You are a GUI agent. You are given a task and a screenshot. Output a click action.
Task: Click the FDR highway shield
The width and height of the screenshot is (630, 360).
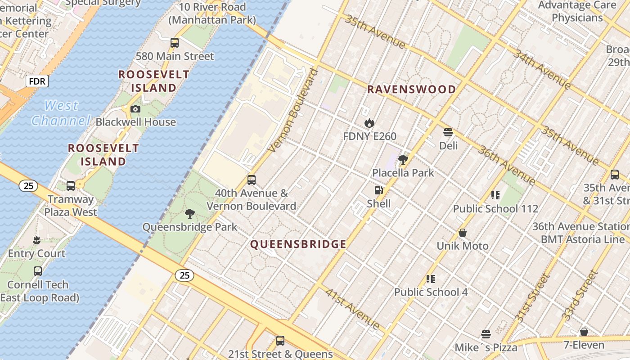(37, 81)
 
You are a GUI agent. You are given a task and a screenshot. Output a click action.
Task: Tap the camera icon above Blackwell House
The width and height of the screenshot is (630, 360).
(135, 109)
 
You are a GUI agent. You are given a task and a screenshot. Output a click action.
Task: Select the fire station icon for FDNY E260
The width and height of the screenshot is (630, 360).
(369, 123)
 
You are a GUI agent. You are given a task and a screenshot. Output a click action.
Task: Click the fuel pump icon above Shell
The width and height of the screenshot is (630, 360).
(379, 190)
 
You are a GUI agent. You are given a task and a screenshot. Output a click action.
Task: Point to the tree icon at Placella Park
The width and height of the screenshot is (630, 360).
(403, 159)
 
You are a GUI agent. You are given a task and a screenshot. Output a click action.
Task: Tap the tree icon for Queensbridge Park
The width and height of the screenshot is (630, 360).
(190, 214)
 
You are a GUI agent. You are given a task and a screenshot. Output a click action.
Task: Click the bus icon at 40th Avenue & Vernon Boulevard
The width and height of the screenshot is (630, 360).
(252, 180)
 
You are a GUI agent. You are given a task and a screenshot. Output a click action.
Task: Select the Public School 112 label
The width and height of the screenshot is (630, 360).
(495, 209)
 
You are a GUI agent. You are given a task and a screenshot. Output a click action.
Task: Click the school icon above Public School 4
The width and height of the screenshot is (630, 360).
(431, 279)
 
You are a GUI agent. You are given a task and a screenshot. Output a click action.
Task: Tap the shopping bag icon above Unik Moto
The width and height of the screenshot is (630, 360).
(463, 233)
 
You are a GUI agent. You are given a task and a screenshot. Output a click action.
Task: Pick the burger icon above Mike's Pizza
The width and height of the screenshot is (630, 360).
(486, 334)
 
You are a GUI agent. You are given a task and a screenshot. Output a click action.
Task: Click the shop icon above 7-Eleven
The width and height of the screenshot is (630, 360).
(584, 332)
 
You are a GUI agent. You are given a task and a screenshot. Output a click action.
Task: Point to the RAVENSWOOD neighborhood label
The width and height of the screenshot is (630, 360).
(411, 89)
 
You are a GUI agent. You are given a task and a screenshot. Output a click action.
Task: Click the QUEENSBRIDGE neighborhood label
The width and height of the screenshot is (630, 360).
(298, 244)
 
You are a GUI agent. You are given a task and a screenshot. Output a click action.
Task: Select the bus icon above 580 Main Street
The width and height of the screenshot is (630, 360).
(175, 43)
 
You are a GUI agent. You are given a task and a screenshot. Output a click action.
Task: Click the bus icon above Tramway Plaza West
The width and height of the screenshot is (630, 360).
(71, 185)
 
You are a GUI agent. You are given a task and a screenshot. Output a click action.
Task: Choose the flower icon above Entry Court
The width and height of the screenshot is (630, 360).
(37, 240)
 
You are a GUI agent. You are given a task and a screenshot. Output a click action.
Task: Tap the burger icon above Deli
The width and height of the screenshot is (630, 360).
(448, 132)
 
